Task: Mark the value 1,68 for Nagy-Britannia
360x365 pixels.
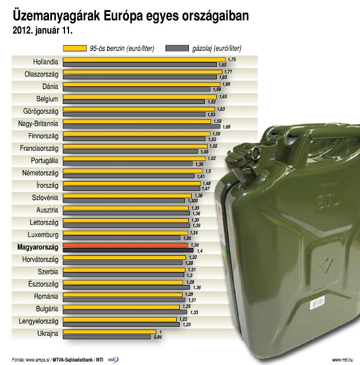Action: click(x=226, y=127)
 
